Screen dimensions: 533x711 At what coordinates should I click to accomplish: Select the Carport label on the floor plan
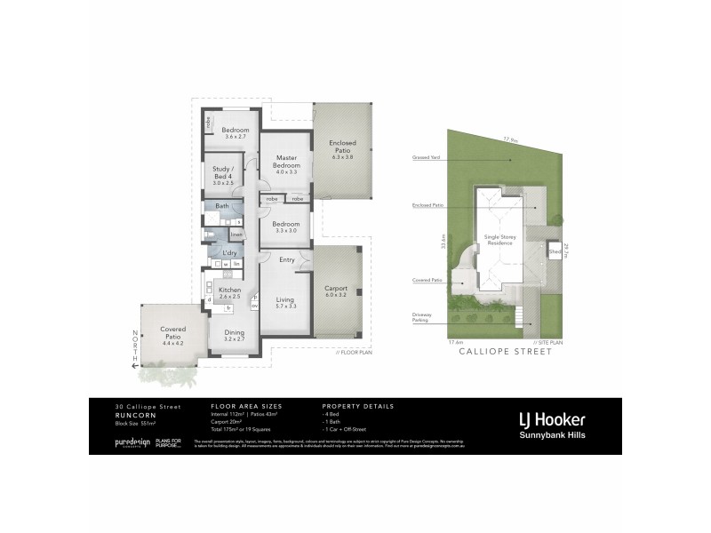(x=336, y=289)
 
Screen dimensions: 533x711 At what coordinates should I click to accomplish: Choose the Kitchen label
(x=230, y=290)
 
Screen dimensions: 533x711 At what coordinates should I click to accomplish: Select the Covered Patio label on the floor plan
(x=172, y=333)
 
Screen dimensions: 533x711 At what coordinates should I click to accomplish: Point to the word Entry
(x=287, y=260)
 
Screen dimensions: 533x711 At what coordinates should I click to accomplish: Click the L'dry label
(x=228, y=253)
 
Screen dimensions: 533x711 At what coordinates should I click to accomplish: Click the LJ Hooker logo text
(x=551, y=418)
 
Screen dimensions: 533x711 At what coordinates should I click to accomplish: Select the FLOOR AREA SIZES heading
(x=236, y=405)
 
